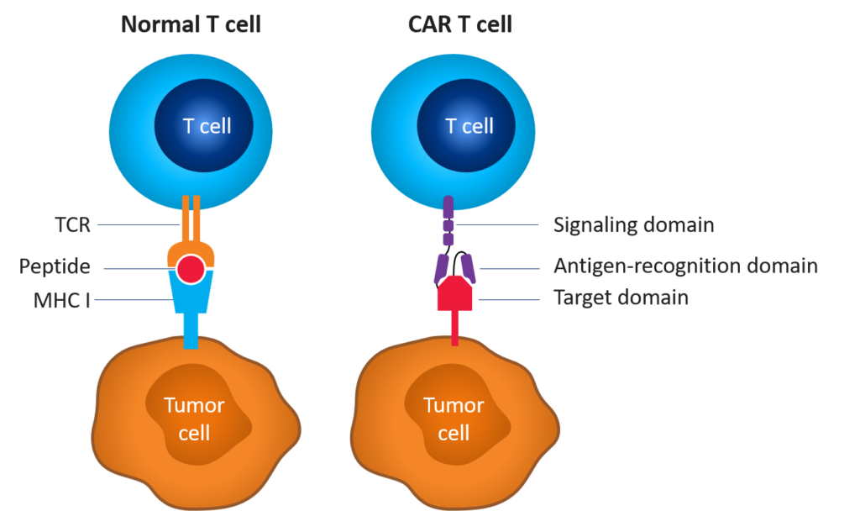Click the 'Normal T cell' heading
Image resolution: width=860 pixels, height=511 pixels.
[x=191, y=24]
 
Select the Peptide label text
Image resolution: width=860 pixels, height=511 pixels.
[x=55, y=267]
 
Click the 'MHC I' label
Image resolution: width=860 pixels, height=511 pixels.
[x=62, y=299]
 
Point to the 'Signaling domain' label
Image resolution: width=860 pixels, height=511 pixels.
[x=633, y=225]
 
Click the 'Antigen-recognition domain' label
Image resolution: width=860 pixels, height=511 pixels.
[x=685, y=266]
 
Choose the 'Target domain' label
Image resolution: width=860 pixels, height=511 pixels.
[x=621, y=298]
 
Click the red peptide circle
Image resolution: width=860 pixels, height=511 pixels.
[x=191, y=269]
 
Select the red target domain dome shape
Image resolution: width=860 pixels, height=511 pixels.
[x=454, y=293]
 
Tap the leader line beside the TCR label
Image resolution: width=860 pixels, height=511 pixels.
[x=134, y=224]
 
